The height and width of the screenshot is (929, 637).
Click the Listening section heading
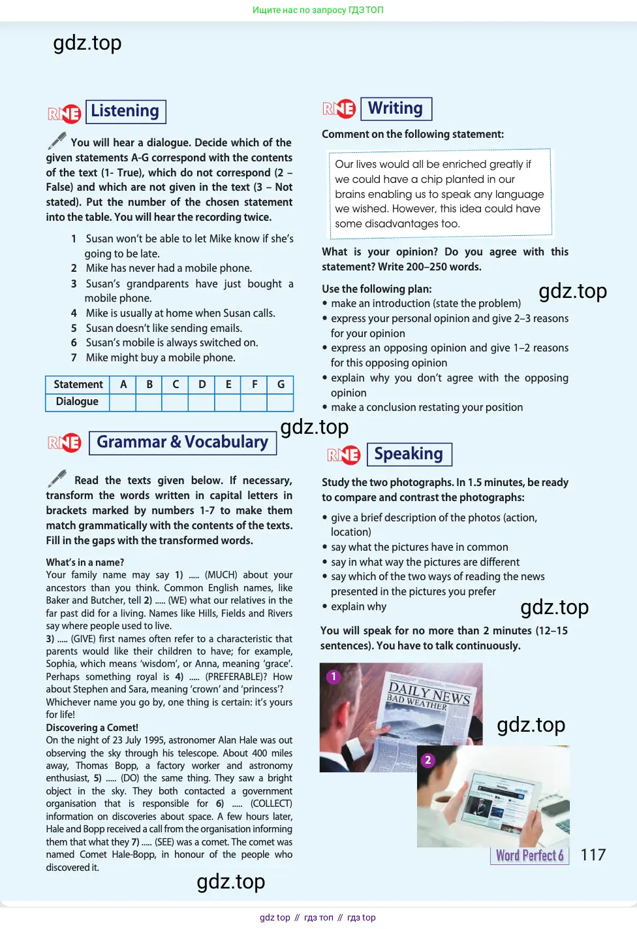click(125, 111)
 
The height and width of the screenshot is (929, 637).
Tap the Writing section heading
click(396, 108)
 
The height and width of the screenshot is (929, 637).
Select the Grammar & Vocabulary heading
click(182, 442)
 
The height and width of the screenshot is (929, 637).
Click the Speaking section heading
click(409, 454)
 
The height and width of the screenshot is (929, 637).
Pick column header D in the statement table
click(202, 384)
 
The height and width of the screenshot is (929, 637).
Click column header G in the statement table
click(281, 384)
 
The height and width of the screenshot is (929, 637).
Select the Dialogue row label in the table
click(77, 402)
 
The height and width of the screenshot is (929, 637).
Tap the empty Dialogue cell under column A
click(123, 402)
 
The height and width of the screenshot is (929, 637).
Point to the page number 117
click(593, 855)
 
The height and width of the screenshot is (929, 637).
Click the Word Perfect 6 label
click(529, 856)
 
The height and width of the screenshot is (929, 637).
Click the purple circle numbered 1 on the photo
click(334, 677)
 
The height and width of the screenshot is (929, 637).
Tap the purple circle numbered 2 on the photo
click(427, 760)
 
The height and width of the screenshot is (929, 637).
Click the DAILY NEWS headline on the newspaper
click(429, 693)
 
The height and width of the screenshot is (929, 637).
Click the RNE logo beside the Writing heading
click(339, 109)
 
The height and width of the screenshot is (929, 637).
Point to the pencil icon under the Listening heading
click(57, 140)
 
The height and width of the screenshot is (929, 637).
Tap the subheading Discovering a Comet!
click(92, 728)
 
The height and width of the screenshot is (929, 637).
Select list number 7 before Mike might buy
click(74, 358)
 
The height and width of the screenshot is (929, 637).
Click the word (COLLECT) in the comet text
click(271, 804)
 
